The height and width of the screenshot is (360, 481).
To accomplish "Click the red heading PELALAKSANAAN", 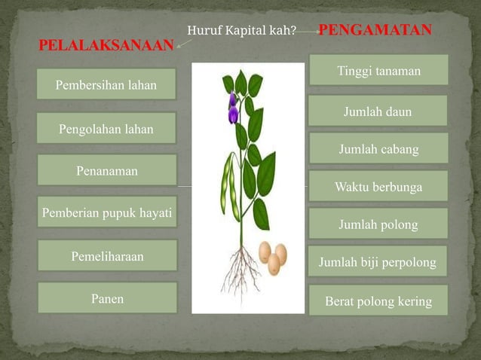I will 106,46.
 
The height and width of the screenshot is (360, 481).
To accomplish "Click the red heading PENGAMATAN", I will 375,30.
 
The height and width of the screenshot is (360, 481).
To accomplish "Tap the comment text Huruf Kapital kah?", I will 241,32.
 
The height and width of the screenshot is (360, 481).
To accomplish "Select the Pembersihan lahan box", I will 106,85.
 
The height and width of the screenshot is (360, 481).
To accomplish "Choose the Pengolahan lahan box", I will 106,129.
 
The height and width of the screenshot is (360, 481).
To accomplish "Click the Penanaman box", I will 106,171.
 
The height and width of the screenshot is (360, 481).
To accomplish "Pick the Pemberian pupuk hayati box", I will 106,213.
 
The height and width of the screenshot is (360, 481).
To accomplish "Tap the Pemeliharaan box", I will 106,256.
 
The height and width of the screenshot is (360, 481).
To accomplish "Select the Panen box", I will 106,298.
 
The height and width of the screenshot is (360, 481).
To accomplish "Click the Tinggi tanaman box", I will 378,71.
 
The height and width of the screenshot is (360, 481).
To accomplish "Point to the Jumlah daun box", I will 378,111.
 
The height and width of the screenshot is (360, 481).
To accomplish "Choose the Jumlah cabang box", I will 378,149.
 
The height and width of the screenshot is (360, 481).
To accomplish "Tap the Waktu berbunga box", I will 378,186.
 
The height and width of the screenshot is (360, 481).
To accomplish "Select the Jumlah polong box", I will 378,224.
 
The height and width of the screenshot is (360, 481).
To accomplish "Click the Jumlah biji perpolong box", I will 378,262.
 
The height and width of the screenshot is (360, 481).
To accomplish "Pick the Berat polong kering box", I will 378,301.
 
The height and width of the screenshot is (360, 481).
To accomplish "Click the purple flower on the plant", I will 233,109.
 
